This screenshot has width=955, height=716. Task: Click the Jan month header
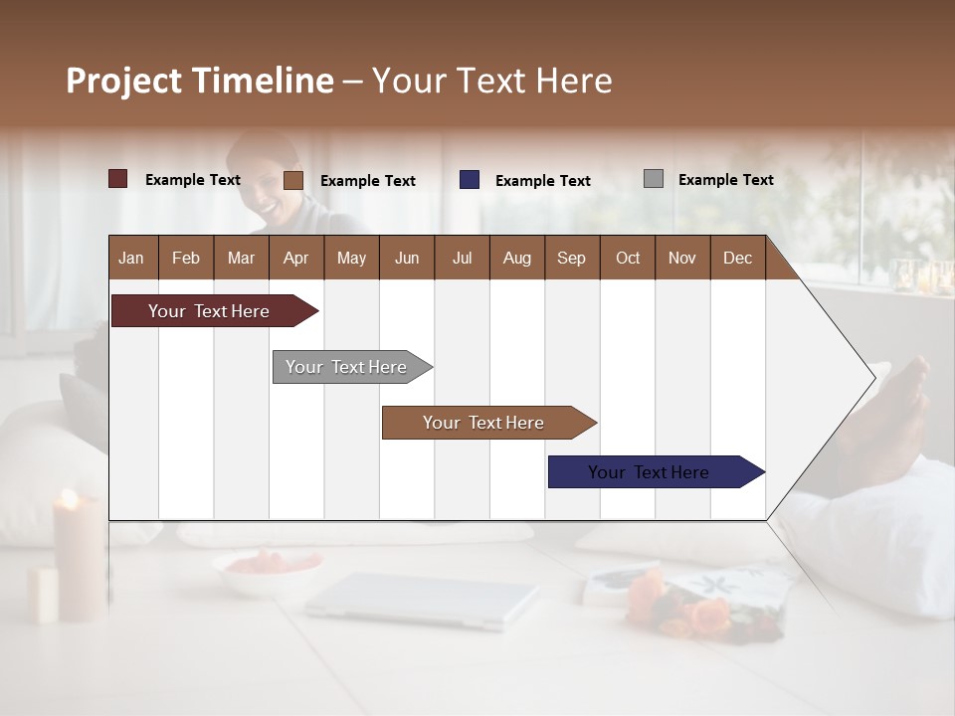pos(131,258)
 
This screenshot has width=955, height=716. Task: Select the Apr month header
pos(295,258)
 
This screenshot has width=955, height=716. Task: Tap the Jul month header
pos(462,258)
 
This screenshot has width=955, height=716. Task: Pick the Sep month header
pos(571,258)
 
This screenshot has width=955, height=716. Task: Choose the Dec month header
pos(737,258)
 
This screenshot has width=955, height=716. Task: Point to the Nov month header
pos(681,258)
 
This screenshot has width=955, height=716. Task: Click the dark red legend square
pos(117,179)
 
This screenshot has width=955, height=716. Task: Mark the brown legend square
pos(292,180)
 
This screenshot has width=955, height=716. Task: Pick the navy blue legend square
pos(469,179)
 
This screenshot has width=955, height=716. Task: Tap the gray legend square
pos(653,179)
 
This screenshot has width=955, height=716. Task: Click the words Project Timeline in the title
pos(199,81)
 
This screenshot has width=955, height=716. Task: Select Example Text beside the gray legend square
pos(725,180)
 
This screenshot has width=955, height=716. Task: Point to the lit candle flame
pos(70,498)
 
